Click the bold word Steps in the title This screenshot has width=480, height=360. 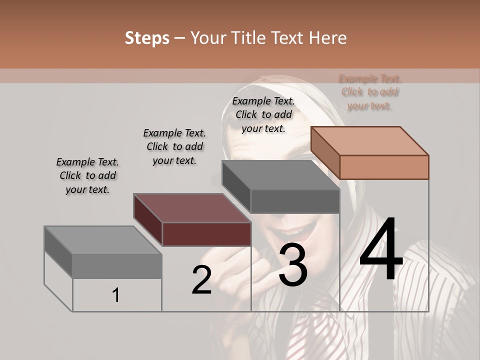coord(147,38)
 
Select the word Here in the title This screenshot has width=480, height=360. coord(328,38)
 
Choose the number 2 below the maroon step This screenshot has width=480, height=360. coord(201,280)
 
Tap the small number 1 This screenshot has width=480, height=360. coord(116,295)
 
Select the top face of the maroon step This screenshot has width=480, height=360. coord(192,208)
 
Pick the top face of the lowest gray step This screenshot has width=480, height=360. coord(103,240)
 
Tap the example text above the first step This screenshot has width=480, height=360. coord(87,175)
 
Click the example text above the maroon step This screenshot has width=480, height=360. coord(174,146)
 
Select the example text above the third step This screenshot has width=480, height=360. coord(263,114)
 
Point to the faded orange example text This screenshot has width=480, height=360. coord(369,92)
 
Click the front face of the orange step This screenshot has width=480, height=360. coord(384,167)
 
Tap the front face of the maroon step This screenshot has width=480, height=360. coord(206,234)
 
